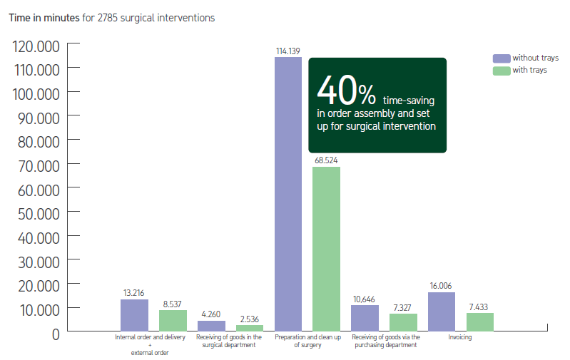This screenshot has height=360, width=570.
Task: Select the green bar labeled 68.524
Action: (x=326, y=249)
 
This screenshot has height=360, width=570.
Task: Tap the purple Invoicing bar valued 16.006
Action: (x=442, y=312)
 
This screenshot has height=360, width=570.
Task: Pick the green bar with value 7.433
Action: (x=479, y=322)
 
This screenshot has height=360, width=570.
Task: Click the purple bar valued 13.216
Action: (x=134, y=315)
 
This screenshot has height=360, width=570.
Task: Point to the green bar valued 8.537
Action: (x=173, y=321)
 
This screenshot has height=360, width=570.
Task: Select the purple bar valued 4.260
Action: (x=211, y=326)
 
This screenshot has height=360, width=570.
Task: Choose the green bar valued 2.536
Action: (x=250, y=328)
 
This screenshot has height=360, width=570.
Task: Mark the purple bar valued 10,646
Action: (x=365, y=318)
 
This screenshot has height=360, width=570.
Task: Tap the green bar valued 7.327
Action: (x=403, y=322)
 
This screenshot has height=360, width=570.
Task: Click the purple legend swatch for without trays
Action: (x=502, y=58)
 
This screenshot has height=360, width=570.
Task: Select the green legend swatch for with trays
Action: (x=502, y=70)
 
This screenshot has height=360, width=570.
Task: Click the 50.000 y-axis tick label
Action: (x=36, y=212)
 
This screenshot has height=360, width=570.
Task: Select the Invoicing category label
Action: (x=460, y=337)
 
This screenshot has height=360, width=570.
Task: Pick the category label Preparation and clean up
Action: (x=307, y=337)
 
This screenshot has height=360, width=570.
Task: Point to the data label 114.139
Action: (x=288, y=51)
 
